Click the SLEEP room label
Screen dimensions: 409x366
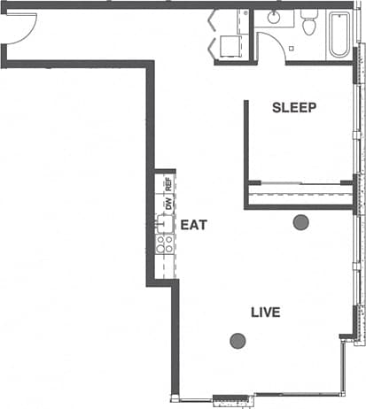294,108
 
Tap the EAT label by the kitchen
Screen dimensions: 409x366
193,225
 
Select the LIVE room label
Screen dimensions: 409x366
265,312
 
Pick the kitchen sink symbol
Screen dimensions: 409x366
164,223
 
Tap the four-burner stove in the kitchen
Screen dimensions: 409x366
164,243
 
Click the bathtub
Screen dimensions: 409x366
339,35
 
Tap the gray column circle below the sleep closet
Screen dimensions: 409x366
300,222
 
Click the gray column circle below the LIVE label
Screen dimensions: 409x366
238,340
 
